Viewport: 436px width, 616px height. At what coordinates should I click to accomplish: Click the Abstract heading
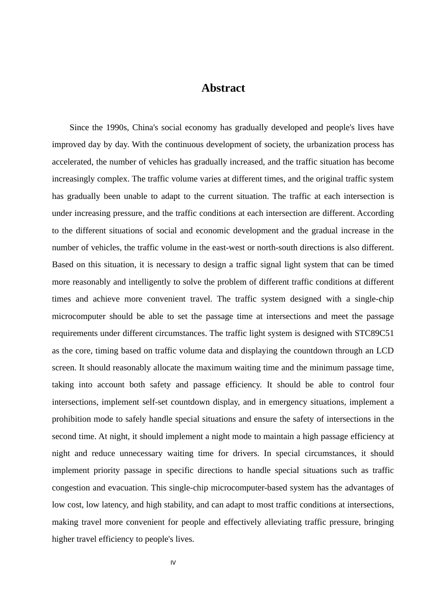[x=223, y=88]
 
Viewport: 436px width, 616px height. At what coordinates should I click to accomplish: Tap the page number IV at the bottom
[x=173, y=563]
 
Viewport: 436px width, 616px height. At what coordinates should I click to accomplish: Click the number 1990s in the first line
[x=117, y=127]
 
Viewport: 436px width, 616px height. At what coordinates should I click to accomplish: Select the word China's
[x=145, y=127]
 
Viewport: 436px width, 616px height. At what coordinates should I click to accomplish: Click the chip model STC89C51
[x=374, y=333]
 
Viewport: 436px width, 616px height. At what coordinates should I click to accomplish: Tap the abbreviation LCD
[x=385, y=351]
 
